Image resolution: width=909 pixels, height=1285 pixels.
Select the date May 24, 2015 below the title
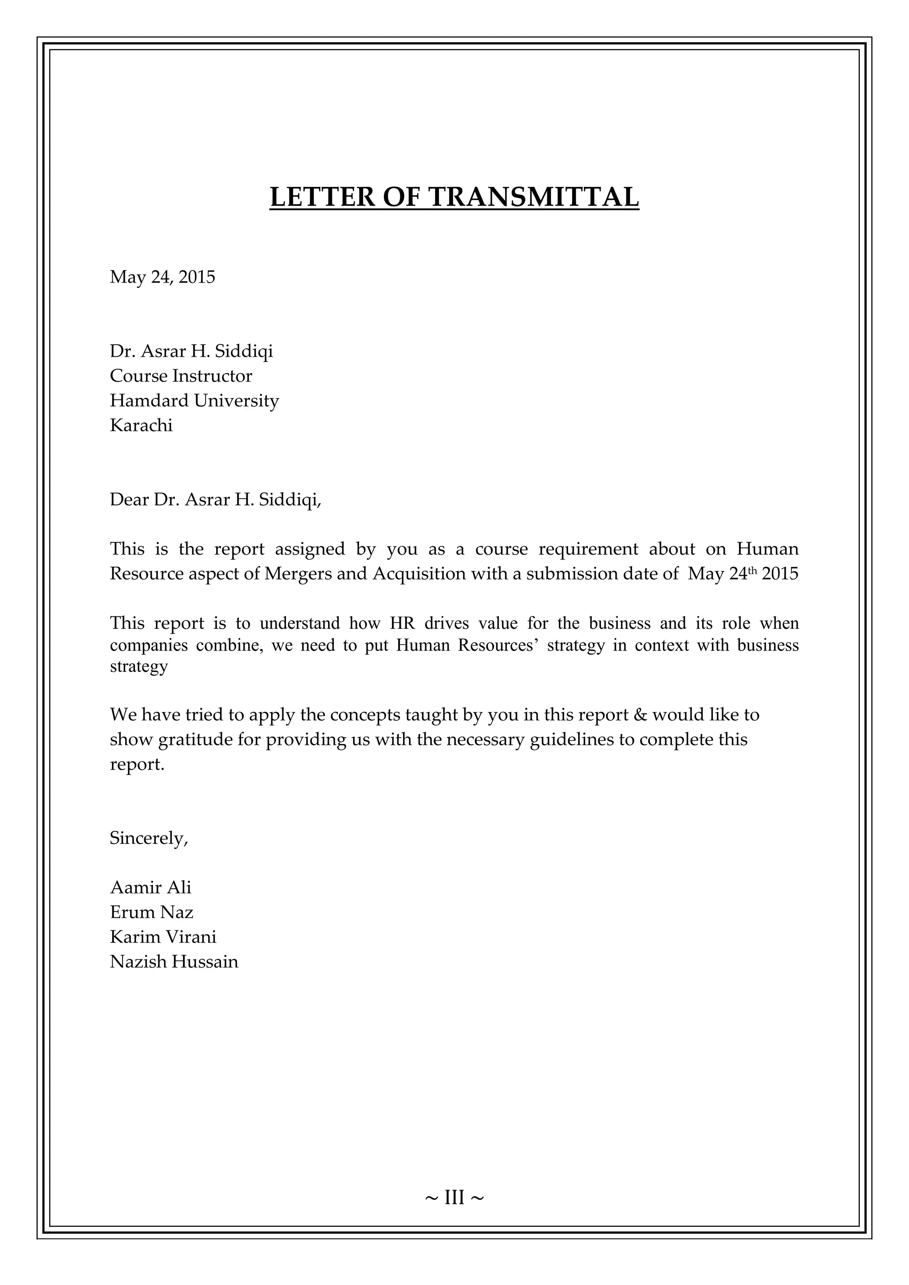coord(162,277)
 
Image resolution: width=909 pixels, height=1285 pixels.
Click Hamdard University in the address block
coord(194,400)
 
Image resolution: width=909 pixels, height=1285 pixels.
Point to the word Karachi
coord(141,426)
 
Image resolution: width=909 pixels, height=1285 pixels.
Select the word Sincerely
coord(148,838)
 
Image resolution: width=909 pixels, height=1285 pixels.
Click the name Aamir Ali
coord(150,887)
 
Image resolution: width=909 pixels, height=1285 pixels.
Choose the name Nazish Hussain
coord(174,962)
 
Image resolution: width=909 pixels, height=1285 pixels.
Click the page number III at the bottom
coord(454,1197)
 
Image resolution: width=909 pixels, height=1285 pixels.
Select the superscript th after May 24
coord(752,570)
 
